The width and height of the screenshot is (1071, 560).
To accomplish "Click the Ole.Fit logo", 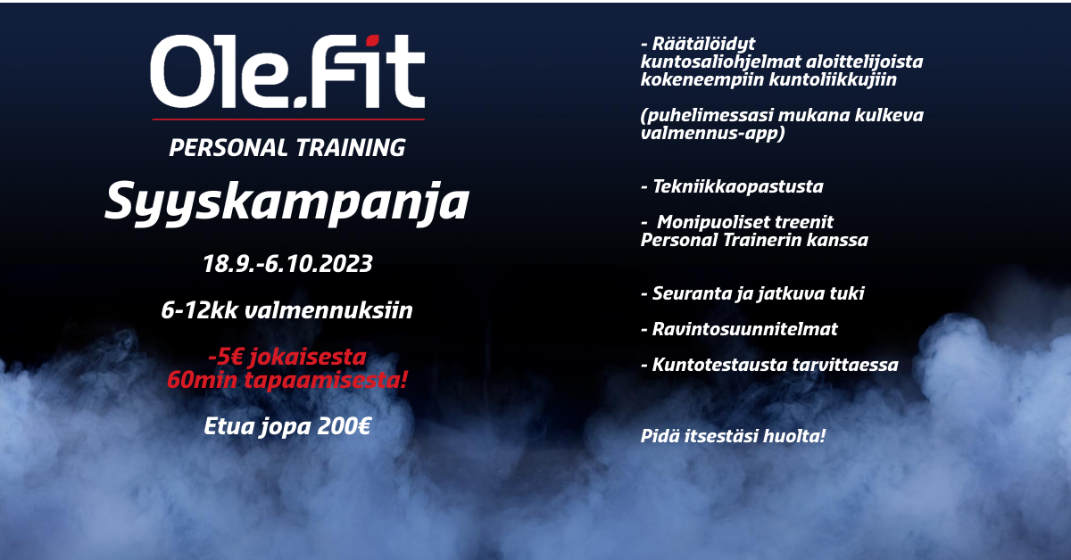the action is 287,71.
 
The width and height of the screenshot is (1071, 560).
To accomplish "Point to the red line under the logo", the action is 288,119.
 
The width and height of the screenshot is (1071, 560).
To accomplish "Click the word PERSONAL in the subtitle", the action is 228,148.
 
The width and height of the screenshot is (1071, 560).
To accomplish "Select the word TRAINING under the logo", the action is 351,148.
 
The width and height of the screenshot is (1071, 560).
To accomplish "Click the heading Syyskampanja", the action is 286,202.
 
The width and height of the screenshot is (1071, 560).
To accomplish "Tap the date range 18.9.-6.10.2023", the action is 287,264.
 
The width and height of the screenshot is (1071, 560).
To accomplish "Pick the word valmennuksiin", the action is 328,310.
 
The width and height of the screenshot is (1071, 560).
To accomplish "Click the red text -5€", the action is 225,357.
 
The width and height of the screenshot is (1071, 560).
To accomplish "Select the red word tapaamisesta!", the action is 326,381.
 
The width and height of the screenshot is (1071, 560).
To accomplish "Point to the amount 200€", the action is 344,426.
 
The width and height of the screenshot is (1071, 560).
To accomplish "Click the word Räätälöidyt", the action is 704,45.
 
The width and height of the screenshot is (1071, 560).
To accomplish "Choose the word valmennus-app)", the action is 712,133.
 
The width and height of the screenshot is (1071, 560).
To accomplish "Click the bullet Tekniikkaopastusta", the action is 732,187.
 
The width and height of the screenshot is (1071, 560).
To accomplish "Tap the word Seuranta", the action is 691,293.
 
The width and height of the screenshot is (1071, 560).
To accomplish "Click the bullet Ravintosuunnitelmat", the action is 739,329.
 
